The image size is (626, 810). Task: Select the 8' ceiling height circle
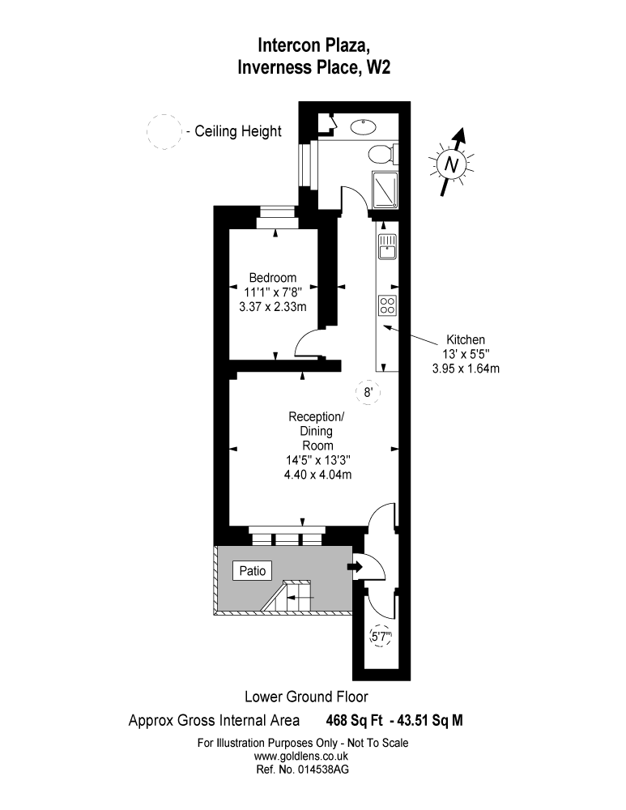point(368,393)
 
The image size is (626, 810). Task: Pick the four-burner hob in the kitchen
point(387,305)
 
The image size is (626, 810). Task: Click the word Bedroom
point(272,278)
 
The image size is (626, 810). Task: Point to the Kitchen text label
point(466,340)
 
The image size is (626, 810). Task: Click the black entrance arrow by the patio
point(354,567)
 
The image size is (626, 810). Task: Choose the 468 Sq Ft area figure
point(353,719)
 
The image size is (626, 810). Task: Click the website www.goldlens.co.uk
point(301,756)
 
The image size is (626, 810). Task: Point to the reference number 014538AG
point(301,769)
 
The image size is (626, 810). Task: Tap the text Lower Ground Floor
point(306,696)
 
